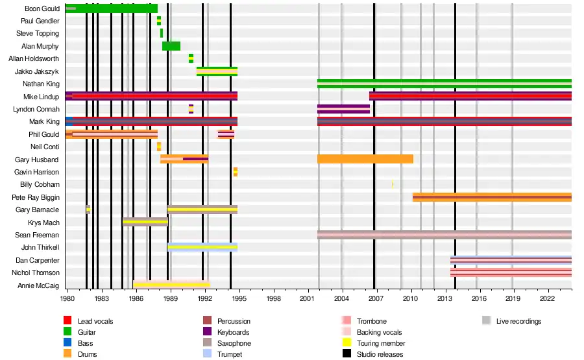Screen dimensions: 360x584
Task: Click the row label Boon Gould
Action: pyautogui.click(x=42, y=8)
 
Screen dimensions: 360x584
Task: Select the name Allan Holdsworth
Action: pyautogui.click(x=34, y=58)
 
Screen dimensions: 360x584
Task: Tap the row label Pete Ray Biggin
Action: pyautogui.click(x=36, y=197)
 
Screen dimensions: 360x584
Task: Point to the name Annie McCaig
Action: pyautogui.click(x=38, y=285)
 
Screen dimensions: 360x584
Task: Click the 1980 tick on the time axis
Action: pyautogui.click(x=67, y=299)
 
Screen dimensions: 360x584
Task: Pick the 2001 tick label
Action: pyautogui.click(x=308, y=299)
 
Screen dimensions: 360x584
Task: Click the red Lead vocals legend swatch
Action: pyautogui.click(x=67, y=321)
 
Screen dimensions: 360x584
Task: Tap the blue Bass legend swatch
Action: pyautogui.click(x=67, y=343)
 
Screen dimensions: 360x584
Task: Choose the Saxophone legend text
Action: pyautogui.click(x=234, y=343)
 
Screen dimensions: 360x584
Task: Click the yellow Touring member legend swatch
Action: pyautogui.click(x=345, y=343)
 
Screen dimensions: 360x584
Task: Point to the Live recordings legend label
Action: pyautogui.click(x=518, y=321)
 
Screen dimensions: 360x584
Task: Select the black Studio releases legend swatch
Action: pyautogui.click(x=345, y=354)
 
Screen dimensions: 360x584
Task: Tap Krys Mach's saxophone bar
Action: pyautogui.click(x=145, y=222)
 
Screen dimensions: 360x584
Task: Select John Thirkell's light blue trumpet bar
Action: pyautogui.click(x=202, y=247)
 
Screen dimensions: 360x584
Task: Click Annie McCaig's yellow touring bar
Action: pyautogui.click(x=172, y=285)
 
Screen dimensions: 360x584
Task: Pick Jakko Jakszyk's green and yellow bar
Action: pyautogui.click(x=217, y=71)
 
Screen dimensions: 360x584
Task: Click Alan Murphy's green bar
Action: pyautogui.click(x=171, y=46)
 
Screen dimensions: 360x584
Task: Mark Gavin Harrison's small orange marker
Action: pyautogui.click(x=236, y=172)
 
